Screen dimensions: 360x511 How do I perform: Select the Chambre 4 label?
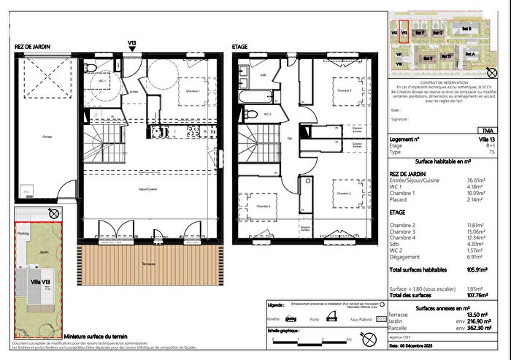click(264, 207)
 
